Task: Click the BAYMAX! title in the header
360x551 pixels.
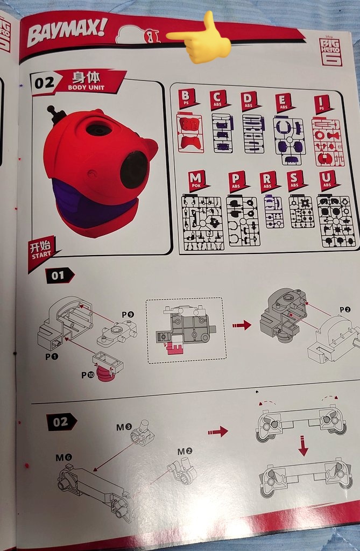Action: tap(67, 33)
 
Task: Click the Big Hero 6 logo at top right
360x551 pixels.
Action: tap(330, 52)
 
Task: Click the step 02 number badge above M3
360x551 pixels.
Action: tap(60, 422)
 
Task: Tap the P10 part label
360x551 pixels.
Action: tap(87, 375)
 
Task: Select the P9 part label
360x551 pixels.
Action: tap(127, 314)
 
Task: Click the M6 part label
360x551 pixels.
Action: tap(63, 457)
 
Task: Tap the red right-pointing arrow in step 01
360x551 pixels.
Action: tap(242, 325)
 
